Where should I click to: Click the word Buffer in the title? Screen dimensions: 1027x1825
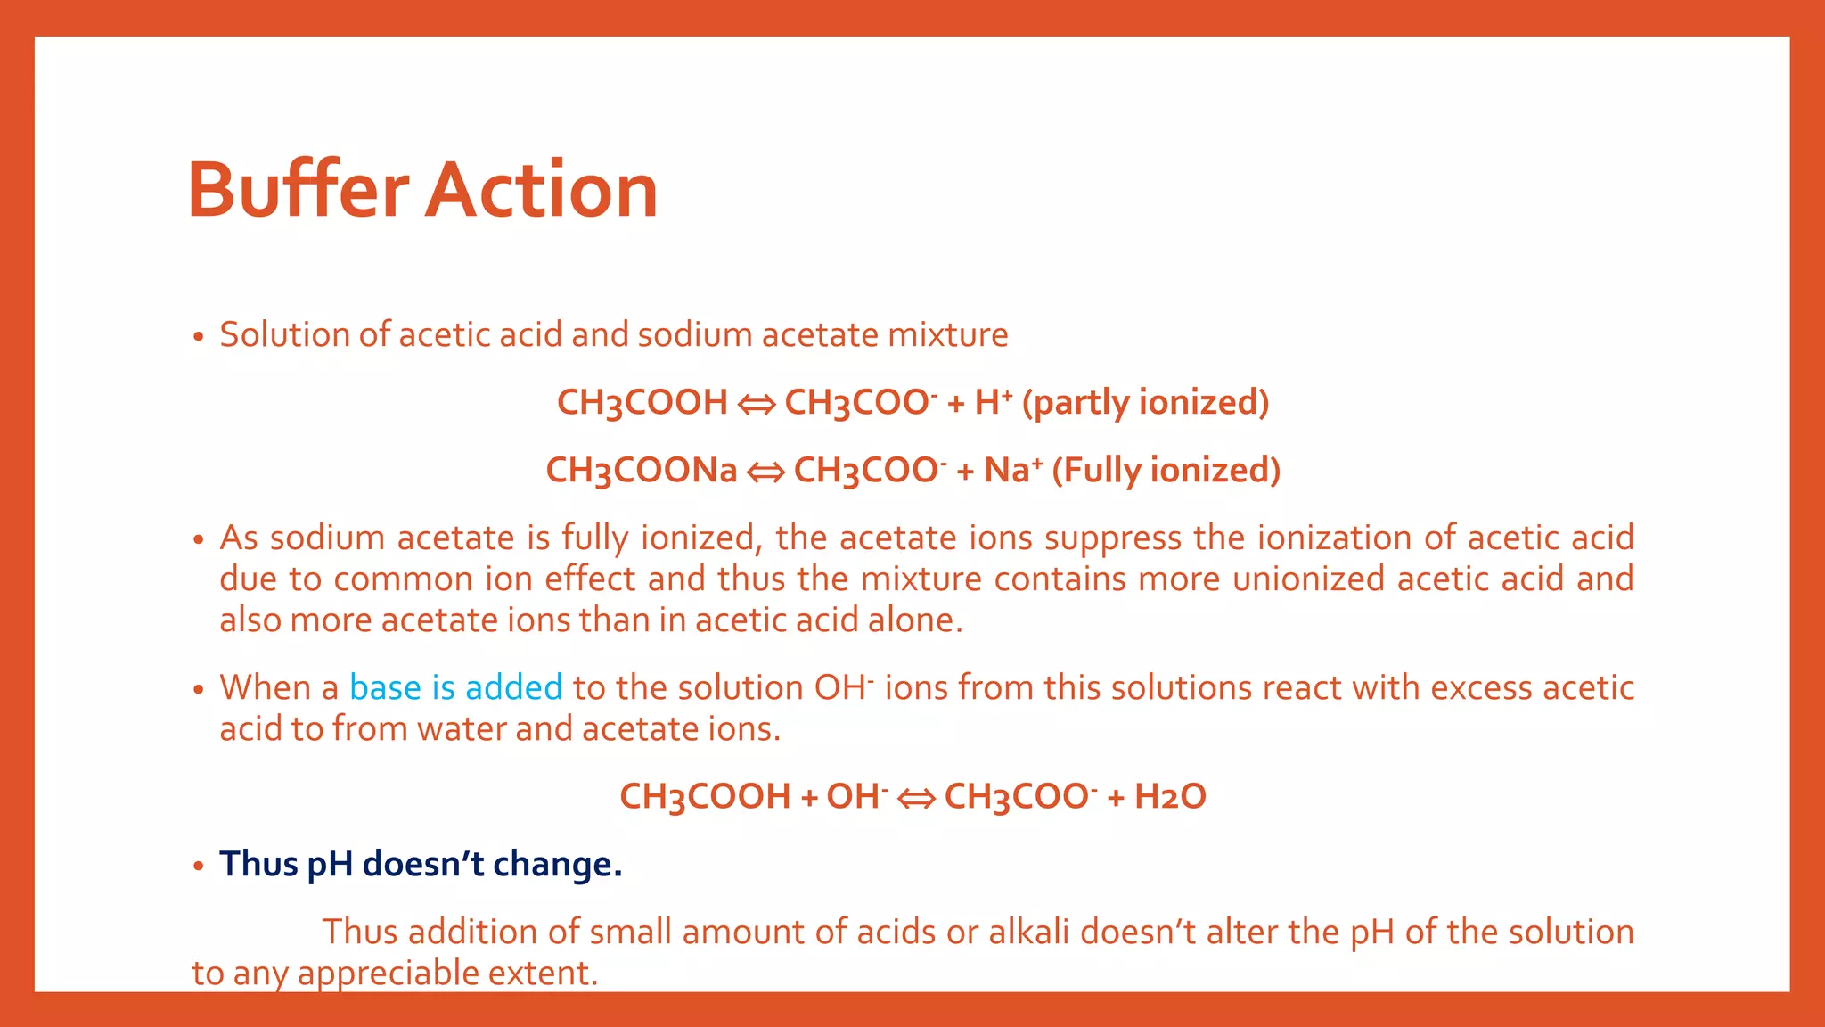(x=298, y=190)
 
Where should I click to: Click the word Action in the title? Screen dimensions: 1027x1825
(x=541, y=190)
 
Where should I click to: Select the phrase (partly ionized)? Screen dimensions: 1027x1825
(x=1145, y=403)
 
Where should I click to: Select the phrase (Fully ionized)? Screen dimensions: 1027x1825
(x=1166, y=471)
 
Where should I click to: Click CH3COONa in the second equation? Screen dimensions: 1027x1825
(x=641, y=471)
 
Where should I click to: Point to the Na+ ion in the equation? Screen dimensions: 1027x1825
(x=1012, y=471)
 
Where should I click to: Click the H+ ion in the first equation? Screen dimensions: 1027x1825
(x=993, y=403)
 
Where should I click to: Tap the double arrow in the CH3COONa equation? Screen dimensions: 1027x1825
(x=765, y=472)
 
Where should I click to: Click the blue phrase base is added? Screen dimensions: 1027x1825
(x=455, y=688)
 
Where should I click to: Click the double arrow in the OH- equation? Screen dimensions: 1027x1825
(x=915, y=799)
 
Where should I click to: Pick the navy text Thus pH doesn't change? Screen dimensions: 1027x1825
(x=421, y=865)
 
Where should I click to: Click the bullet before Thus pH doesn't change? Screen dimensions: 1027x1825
(x=199, y=867)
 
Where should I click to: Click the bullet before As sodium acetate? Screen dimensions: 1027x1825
(x=199, y=540)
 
